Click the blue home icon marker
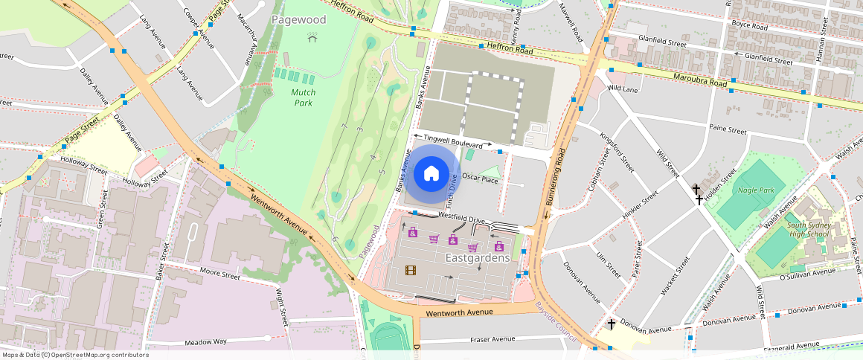[x=431, y=173]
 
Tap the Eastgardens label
[x=477, y=258]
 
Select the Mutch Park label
[x=303, y=97]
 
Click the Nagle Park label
[x=756, y=190]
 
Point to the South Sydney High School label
[x=807, y=229]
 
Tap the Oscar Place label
[x=480, y=179]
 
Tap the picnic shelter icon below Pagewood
[x=312, y=36]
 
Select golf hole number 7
[x=344, y=127]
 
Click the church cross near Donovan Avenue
[x=611, y=324]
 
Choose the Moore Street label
[x=219, y=275]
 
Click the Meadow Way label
[x=206, y=341]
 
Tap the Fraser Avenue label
[x=492, y=339]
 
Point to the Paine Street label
[x=728, y=129]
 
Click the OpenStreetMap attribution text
[x=75, y=355]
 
